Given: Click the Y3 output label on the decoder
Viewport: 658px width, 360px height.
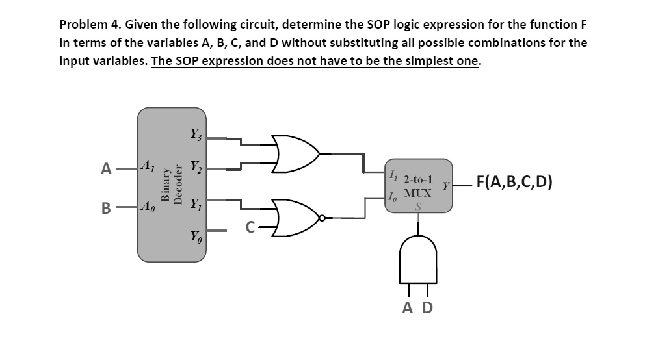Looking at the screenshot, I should [x=195, y=136].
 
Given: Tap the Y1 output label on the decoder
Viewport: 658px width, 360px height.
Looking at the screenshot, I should [x=195, y=204].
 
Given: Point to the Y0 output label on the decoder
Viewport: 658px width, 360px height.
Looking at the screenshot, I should [x=195, y=235].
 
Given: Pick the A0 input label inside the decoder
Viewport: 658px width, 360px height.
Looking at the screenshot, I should [x=148, y=209].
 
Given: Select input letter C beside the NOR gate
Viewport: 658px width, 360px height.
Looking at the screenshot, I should [x=249, y=228].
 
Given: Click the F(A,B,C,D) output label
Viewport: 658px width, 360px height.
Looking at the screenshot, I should [x=514, y=181].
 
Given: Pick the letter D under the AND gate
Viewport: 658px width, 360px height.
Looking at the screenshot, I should [x=427, y=307].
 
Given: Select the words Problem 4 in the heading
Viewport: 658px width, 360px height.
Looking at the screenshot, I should [x=88, y=25].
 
